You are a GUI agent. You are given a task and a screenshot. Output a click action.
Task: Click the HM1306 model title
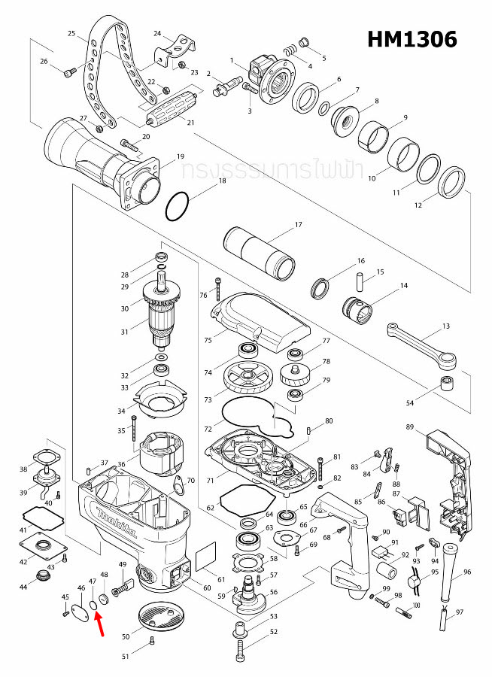point(412,39)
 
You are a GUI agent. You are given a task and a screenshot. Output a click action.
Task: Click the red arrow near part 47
point(99,623)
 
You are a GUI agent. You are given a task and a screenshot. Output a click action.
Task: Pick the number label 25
point(71,34)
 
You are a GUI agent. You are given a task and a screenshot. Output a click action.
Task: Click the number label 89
point(410,427)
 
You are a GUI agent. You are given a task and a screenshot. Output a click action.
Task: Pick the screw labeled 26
point(68,73)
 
